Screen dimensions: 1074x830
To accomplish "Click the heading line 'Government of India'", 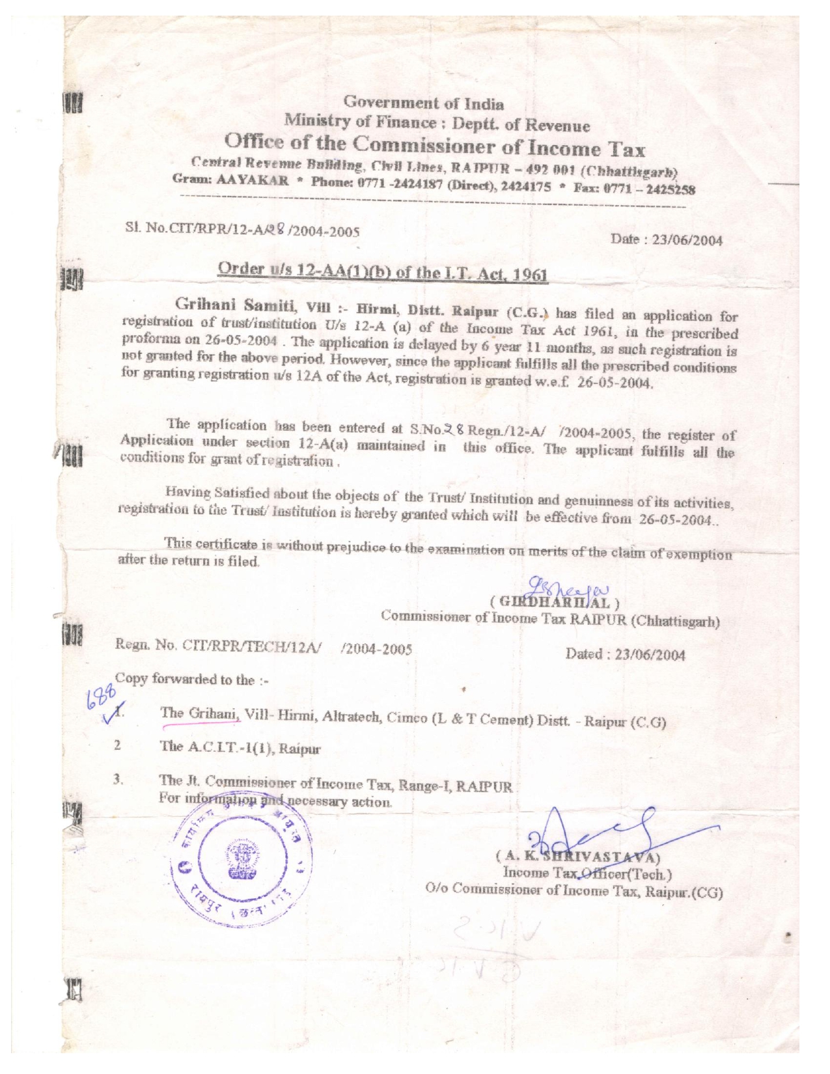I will pyautogui.click(x=423, y=103).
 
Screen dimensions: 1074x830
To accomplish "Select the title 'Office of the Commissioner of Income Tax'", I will pyautogui.click(x=434, y=145).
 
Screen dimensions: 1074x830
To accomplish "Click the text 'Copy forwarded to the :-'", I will pyautogui.click(x=191, y=680).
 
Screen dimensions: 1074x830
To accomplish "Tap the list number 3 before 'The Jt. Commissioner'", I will pyautogui.click(x=118, y=778).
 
